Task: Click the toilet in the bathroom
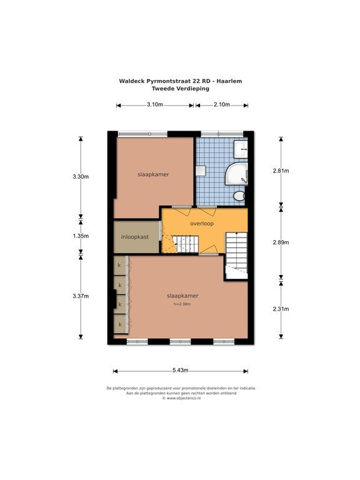239,197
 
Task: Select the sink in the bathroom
241,149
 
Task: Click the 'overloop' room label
202,223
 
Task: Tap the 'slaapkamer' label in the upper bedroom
153,174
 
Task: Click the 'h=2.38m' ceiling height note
182,304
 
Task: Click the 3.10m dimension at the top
155,104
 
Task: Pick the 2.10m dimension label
221,104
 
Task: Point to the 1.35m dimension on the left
81,236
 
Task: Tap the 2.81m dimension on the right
281,171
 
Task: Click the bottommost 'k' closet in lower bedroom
119,324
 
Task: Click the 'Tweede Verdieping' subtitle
181,89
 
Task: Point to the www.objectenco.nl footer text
181,397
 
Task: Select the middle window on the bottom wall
179,342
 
